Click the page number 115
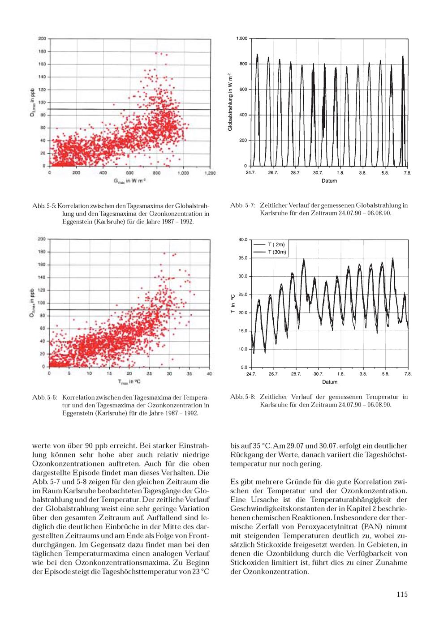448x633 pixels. pyautogui.click(x=402, y=595)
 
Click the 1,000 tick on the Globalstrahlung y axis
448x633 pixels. pyautogui.click(x=241, y=39)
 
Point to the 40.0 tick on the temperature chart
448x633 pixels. pyautogui.click(x=243, y=240)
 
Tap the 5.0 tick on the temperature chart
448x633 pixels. pyautogui.click(x=244, y=367)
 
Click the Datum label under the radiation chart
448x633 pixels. pyautogui.click(x=329, y=181)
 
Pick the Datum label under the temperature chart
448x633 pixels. pyautogui.click(x=329, y=382)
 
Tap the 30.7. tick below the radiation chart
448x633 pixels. pyautogui.click(x=318, y=172)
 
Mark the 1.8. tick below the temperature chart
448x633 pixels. pyautogui.click(x=340, y=373)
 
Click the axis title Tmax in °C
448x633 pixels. pyautogui.click(x=129, y=381)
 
